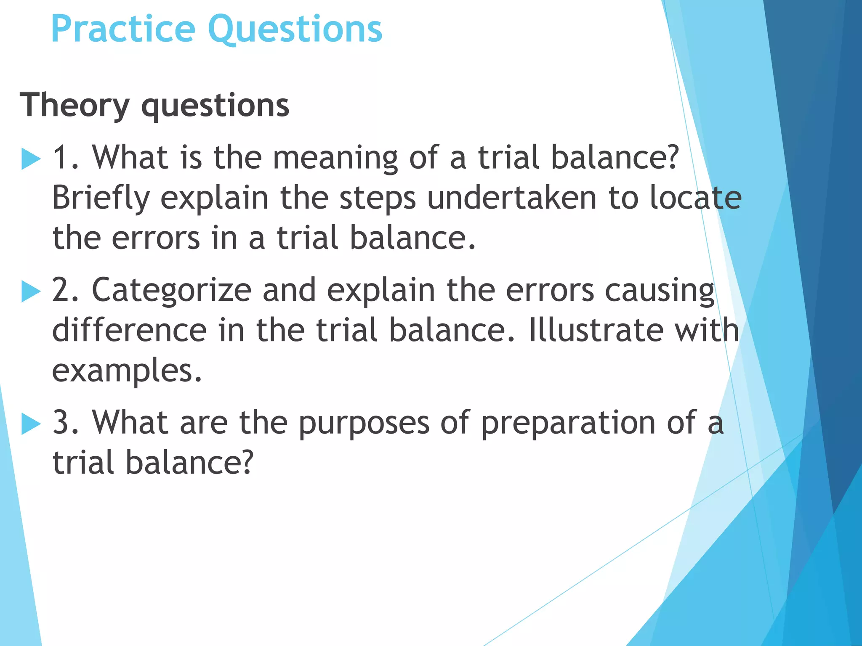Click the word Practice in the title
pos(123,29)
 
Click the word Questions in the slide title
pos(295,29)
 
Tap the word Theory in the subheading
pos(74,105)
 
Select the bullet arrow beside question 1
pos(31,159)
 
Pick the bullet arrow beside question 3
pos(31,424)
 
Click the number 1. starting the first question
pos(65,158)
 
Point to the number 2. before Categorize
pos(65,290)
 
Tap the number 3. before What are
pos(65,422)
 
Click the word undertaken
pos(512,198)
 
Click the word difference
pos(129,330)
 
